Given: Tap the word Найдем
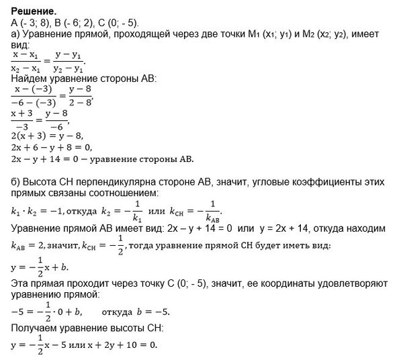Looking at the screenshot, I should [x=31, y=79].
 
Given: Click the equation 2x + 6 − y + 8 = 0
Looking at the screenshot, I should [x=54, y=147].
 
